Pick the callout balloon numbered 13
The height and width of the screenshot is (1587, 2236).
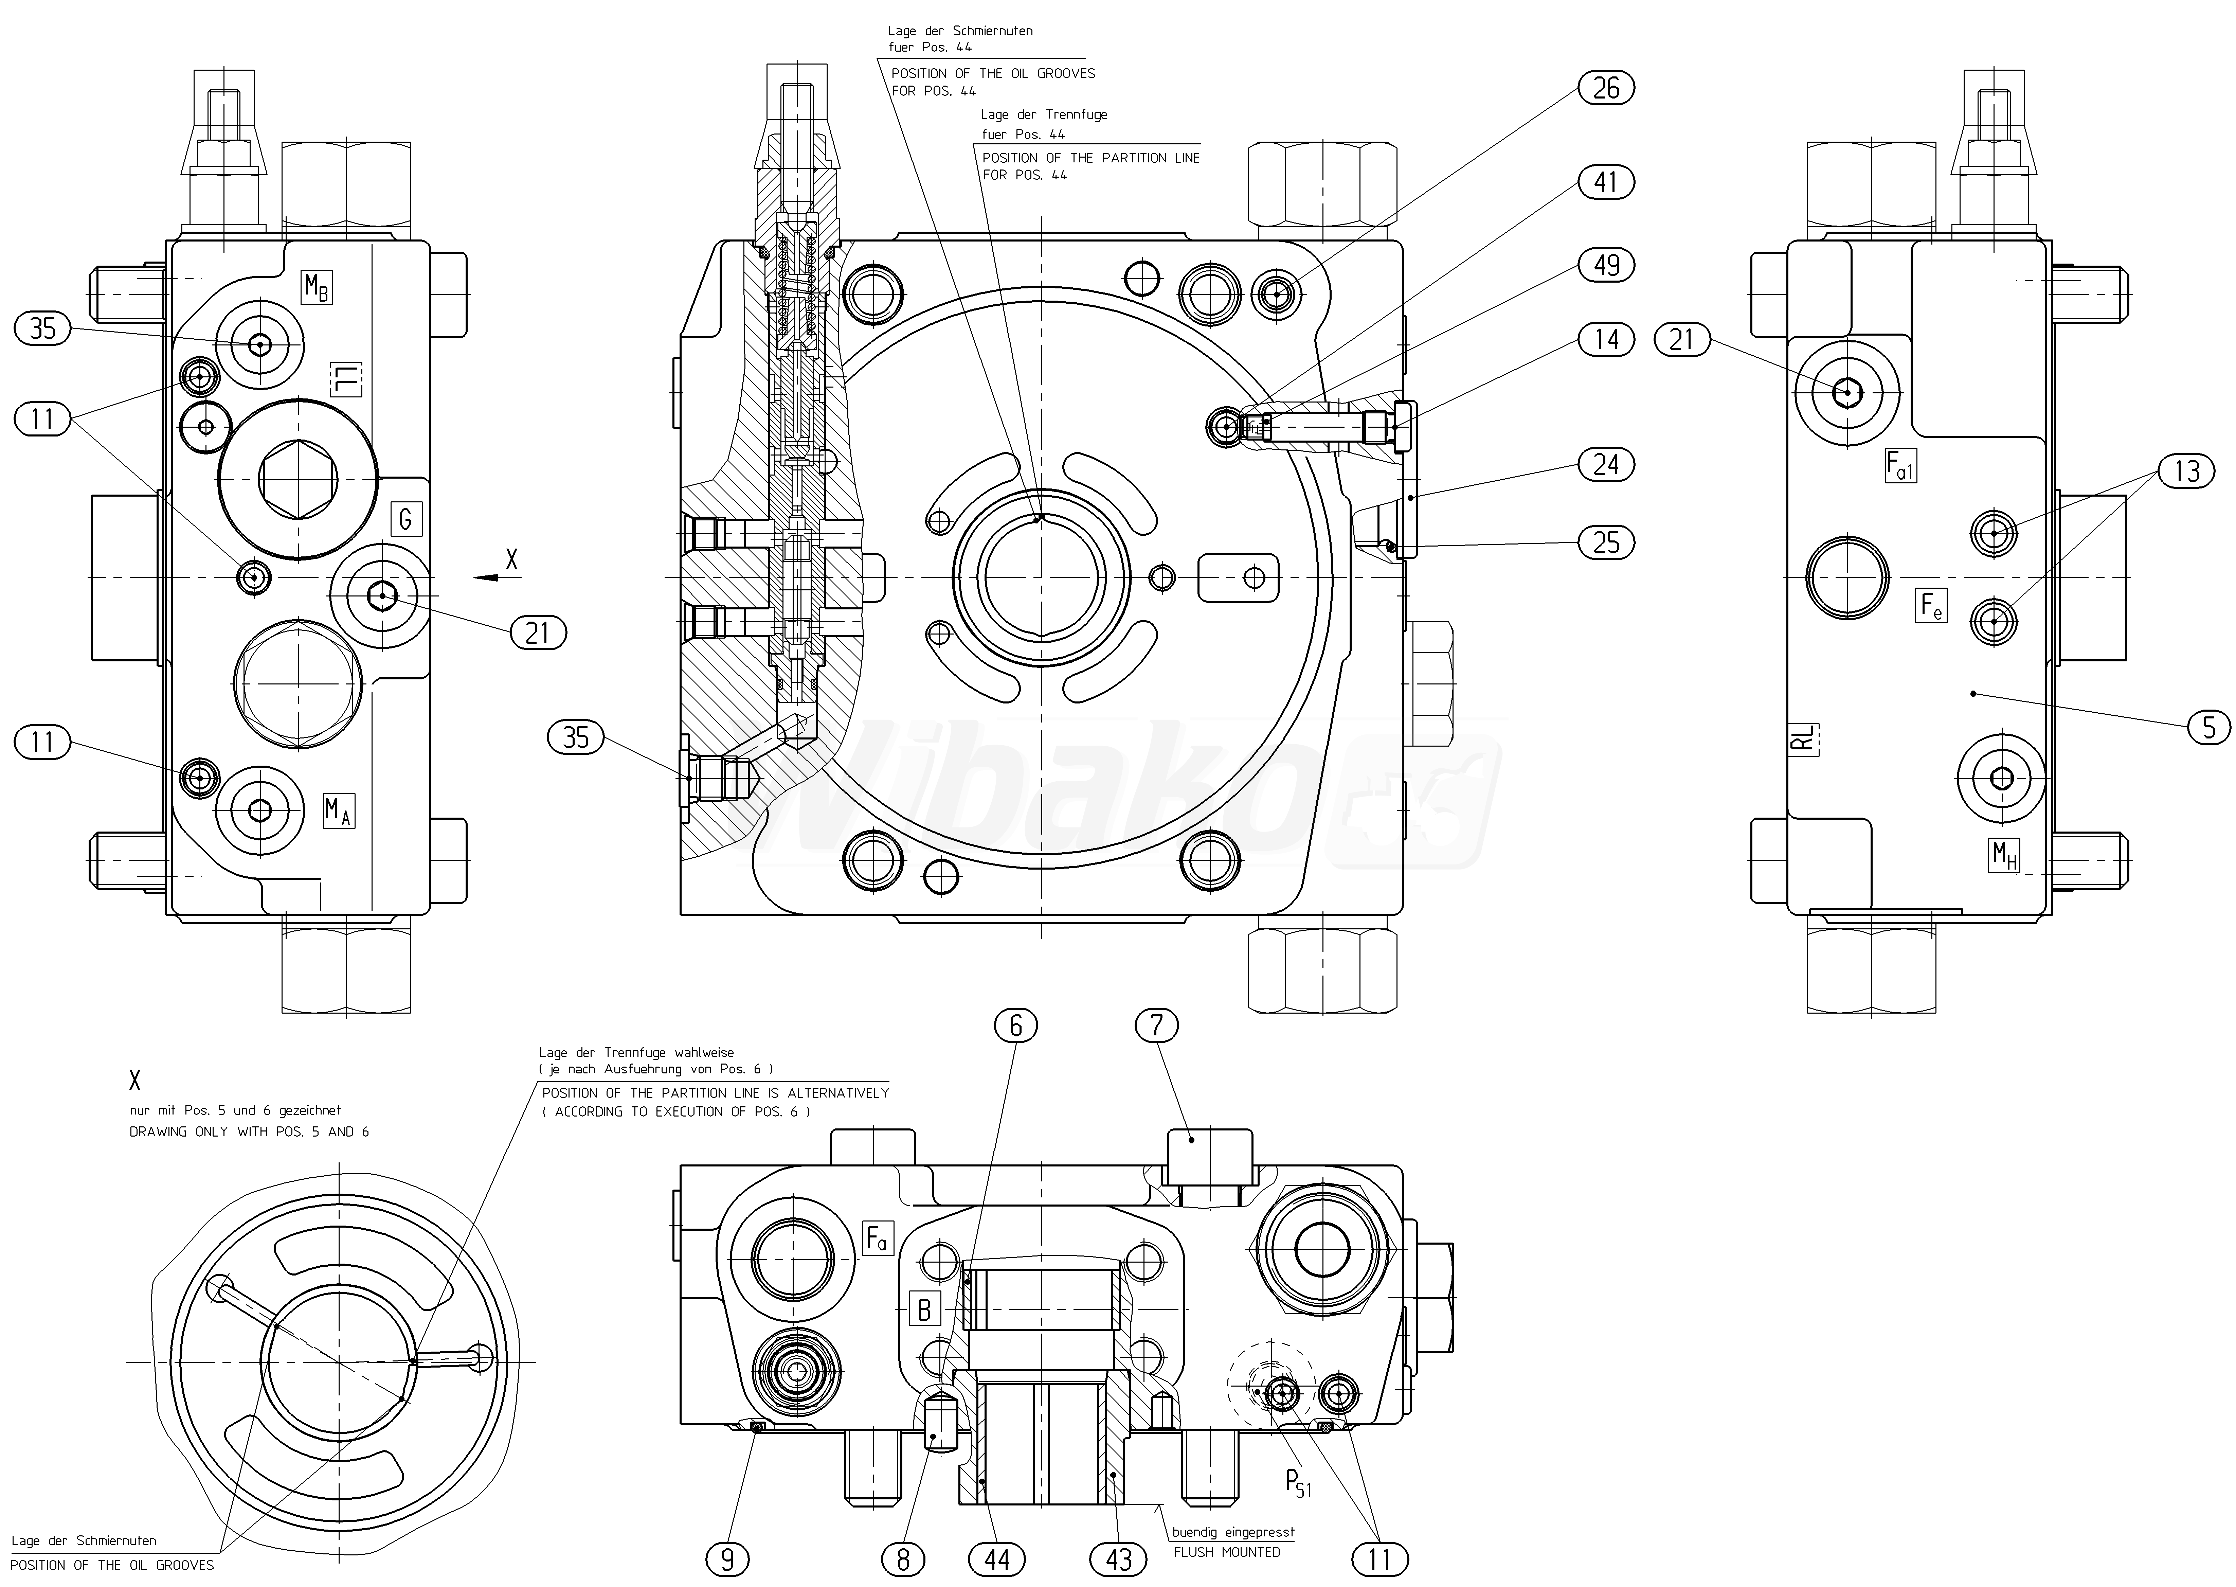click(x=2186, y=472)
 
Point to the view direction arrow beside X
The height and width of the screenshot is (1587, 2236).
click(x=486, y=577)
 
